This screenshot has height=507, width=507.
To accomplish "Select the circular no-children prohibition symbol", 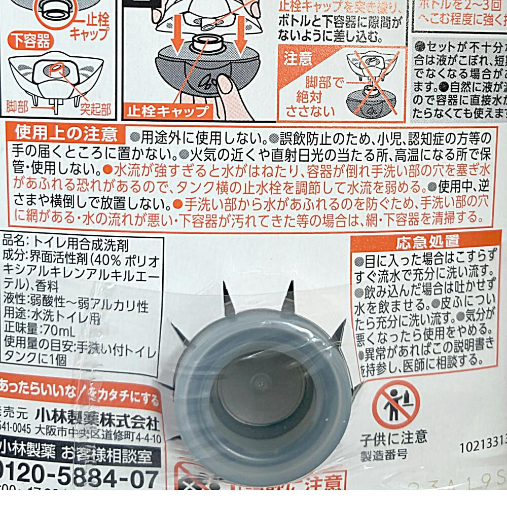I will (395, 404).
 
